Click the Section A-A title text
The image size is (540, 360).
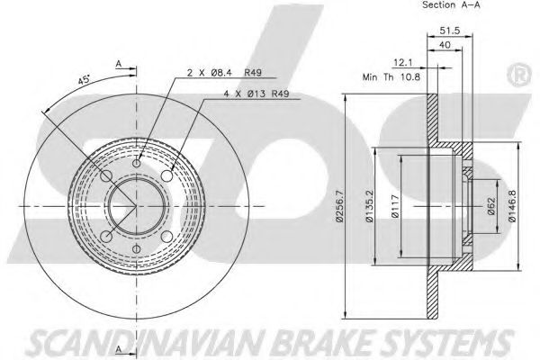(x=450, y=7)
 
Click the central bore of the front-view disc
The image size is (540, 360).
(x=136, y=207)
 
